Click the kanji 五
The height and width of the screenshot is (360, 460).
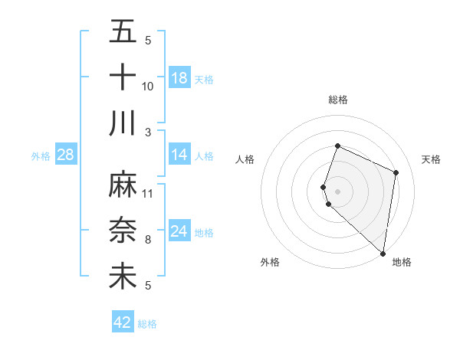point(123,32)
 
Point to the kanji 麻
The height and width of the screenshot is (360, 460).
point(123,185)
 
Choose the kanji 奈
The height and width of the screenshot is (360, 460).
point(123,231)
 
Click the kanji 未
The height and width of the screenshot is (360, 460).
point(123,277)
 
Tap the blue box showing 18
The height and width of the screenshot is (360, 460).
point(179,78)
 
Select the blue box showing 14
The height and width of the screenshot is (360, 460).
point(179,155)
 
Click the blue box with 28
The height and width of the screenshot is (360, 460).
point(65,155)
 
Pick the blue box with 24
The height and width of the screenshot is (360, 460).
point(179,231)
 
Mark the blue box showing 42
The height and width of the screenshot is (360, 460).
point(123,322)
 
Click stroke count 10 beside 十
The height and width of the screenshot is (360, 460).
point(148,86)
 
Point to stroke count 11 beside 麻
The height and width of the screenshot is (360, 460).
point(148,193)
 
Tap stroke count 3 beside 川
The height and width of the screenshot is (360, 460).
point(148,132)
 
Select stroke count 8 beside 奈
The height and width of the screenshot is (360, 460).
point(148,239)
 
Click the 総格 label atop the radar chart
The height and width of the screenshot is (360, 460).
point(337,100)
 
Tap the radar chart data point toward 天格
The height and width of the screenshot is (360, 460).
point(396,172)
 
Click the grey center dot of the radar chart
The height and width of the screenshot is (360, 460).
point(337,191)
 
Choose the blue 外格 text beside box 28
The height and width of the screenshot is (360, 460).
point(41,155)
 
